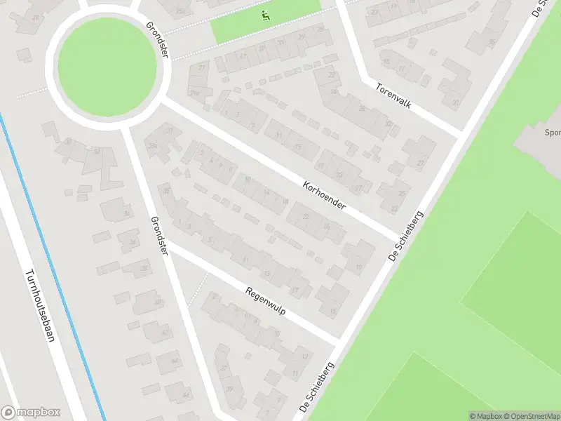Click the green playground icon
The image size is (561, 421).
tap(265, 15)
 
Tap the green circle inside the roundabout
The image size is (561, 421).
tap(107, 67)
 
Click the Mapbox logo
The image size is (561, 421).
tap(30, 413)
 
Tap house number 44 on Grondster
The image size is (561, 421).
tap(166, 361)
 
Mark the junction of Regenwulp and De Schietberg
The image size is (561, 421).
tap(338, 342)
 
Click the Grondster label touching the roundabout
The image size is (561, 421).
tap(157, 41)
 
